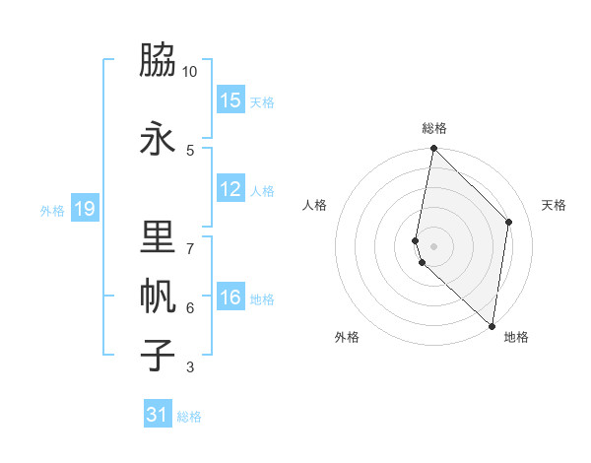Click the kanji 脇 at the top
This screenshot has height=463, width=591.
pyautogui.click(x=158, y=62)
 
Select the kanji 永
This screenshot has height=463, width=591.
pyautogui.click(x=158, y=138)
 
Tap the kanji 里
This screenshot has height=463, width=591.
pyautogui.click(x=158, y=238)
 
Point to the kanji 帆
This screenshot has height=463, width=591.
pyautogui.click(x=158, y=298)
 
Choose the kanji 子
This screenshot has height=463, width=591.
pyautogui.click(x=158, y=355)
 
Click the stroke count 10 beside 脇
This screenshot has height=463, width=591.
pyautogui.click(x=190, y=72)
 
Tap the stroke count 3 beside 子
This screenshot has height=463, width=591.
pyautogui.click(x=190, y=367)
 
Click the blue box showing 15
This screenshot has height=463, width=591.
pyautogui.click(x=230, y=99)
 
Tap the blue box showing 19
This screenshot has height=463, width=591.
pyautogui.click(x=85, y=208)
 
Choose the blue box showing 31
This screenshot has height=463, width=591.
pyautogui.click(x=158, y=415)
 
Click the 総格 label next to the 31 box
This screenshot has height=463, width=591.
pyautogui.click(x=189, y=417)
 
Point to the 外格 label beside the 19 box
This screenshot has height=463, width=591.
pyautogui.click(x=51, y=210)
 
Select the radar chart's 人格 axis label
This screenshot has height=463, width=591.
pyautogui.click(x=314, y=205)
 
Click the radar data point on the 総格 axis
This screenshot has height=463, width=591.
pyautogui.click(x=433, y=149)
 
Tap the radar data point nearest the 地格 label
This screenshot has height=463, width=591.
pyautogui.click(x=492, y=326)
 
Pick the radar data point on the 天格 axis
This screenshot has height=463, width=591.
pyautogui.click(x=509, y=222)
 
